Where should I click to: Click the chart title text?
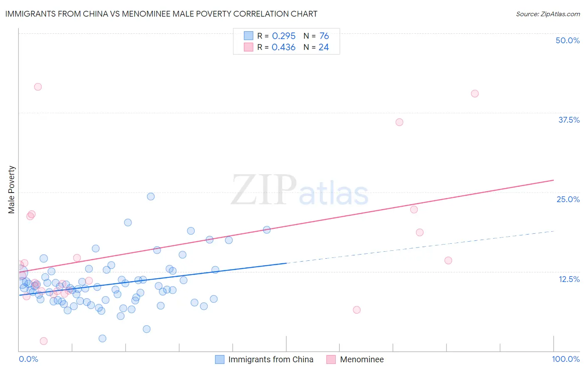[161, 14]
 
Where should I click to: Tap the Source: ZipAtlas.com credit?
[548, 14]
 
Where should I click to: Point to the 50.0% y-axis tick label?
[567, 40]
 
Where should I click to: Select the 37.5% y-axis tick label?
[568, 120]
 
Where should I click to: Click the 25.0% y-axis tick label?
[568, 199]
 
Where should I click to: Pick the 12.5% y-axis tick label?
[568, 279]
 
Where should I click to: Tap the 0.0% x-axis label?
[28, 359]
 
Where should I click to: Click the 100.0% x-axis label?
[565, 359]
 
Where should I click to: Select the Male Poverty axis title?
[11, 190]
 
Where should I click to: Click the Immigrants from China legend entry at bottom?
[270, 359]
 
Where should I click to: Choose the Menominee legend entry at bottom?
[362, 359]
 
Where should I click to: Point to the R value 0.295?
[283, 36]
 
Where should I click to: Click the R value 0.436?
[283, 47]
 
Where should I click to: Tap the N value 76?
[324, 36]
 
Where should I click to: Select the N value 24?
[324, 47]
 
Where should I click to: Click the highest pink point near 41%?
[38, 87]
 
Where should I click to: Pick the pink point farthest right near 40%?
[475, 94]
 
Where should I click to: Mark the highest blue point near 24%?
[151, 196]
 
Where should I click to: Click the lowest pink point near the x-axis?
[43, 341]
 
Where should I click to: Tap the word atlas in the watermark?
[334, 194]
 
